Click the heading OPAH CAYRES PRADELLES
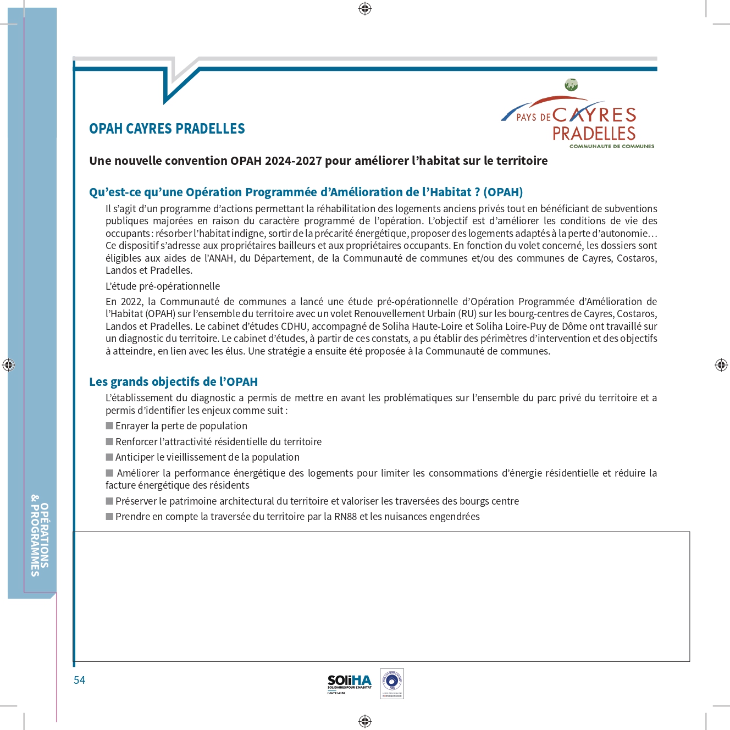[167, 129]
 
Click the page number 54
[80, 680]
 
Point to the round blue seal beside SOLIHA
[392, 683]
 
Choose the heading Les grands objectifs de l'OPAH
[173, 381]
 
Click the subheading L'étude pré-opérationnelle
[163, 286]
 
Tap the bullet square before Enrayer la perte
[109, 425]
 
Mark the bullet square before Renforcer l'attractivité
[109, 441]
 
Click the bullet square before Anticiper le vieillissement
[109, 457]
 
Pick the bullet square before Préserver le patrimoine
[109, 501]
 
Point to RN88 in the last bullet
[345, 517]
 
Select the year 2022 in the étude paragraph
[131, 302]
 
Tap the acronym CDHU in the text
[294, 326]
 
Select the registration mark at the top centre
[365, 8]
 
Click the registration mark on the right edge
[721, 364]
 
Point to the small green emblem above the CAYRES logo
[571, 85]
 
